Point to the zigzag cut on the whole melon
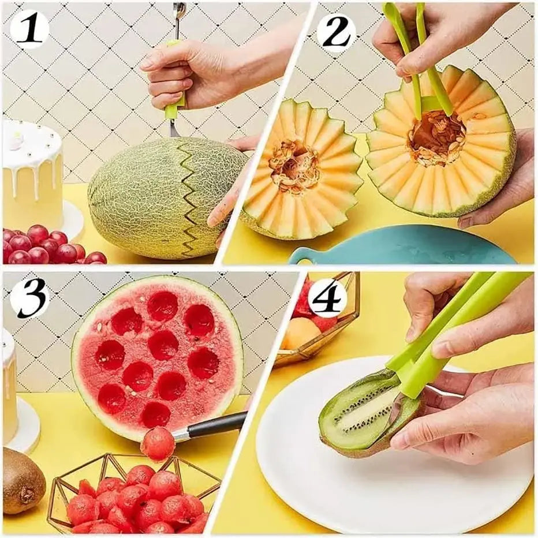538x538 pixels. [x=190, y=196]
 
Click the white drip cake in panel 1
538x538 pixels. [x=32, y=173]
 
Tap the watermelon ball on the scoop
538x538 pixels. [x=157, y=443]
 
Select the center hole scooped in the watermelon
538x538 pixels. [x=163, y=345]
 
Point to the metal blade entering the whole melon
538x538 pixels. [x=174, y=128]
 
